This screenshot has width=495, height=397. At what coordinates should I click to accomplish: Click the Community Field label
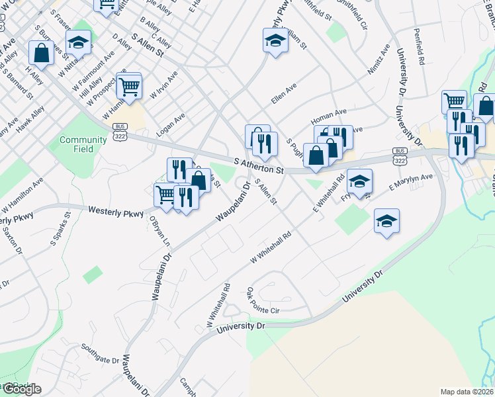[x=83, y=144]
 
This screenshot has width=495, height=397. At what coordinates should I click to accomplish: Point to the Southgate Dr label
[x=99, y=354]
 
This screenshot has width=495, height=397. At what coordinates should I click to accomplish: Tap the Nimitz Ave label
[x=379, y=58]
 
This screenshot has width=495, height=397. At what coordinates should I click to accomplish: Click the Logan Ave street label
[x=170, y=124]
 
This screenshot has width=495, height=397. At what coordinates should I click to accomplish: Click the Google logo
[x=21, y=389]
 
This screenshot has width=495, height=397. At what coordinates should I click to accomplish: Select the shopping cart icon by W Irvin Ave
[x=129, y=85]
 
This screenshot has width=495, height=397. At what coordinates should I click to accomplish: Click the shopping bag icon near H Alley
[x=41, y=54]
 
